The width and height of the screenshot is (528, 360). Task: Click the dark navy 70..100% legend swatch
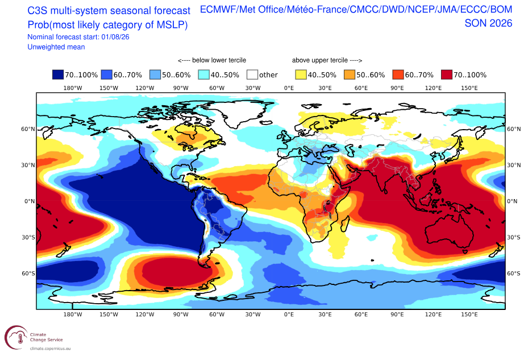(x=58, y=75)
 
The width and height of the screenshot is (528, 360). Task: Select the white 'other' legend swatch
(x=252, y=75)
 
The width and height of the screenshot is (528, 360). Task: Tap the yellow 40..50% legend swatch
(x=301, y=75)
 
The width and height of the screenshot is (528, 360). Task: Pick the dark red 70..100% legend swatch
(x=447, y=75)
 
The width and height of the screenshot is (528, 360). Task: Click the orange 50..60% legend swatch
(x=350, y=75)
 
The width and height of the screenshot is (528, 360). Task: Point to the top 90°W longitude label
(x=181, y=88)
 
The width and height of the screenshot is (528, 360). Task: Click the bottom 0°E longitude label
(x=289, y=315)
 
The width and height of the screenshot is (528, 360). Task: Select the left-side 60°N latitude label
(x=28, y=129)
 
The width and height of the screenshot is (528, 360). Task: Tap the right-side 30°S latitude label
(x=514, y=237)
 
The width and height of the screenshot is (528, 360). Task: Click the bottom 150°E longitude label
(x=469, y=315)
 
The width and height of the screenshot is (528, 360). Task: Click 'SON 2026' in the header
(x=488, y=23)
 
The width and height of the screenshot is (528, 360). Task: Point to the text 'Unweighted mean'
(x=56, y=47)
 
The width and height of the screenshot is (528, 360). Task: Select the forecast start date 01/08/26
(x=115, y=37)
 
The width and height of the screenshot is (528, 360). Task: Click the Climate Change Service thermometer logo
(x=16, y=337)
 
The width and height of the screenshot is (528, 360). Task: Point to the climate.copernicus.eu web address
(x=50, y=349)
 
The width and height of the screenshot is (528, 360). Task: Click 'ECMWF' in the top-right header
(x=218, y=10)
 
